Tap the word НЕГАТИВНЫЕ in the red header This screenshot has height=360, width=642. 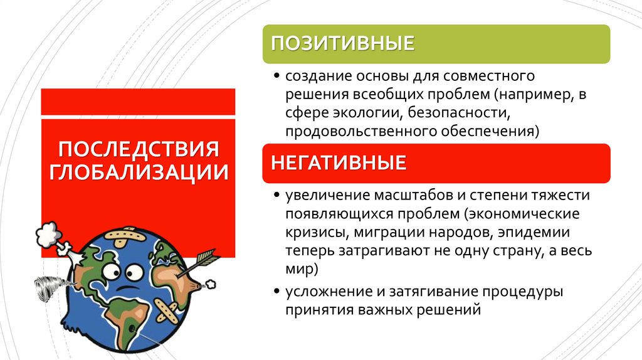point(339,164)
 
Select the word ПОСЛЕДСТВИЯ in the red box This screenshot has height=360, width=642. point(139,150)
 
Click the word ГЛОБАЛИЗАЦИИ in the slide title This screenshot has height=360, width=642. point(139,172)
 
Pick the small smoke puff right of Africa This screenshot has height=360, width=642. point(211,284)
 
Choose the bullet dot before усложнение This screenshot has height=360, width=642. point(277,292)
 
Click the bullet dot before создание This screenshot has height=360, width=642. point(277,77)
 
